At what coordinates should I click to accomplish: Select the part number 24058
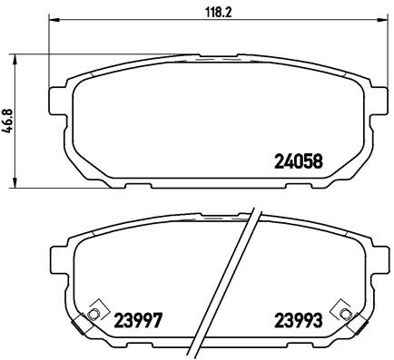tap(299, 163)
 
